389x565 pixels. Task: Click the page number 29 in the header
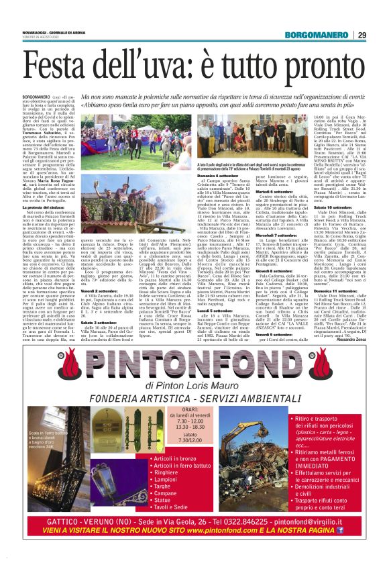pos(362,35)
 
